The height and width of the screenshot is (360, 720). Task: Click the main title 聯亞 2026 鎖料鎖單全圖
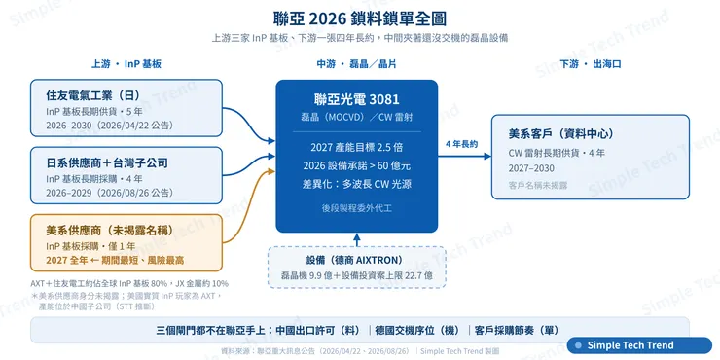[x=360, y=18]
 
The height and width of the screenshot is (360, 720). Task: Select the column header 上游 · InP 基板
[x=126, y=64]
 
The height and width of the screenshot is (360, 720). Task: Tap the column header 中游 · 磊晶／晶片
[x=356, y=64]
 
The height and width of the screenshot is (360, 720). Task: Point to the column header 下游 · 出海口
[x=590, y=64]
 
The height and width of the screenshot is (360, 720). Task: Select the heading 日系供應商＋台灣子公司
[x=107, y=162]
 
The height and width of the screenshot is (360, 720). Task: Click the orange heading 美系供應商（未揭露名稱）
[x=110, y=230]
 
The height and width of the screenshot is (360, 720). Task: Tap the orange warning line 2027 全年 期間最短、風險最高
[x=115, y=260]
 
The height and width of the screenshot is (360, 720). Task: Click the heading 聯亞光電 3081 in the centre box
[x=357, y=99]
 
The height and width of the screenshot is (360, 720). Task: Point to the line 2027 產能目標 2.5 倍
[x=357, y=147]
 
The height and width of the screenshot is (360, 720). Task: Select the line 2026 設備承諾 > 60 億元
[x=357, y=165]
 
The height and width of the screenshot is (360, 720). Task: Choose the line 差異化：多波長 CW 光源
[x=357, y=184]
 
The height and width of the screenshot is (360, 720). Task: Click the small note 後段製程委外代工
[x=357, y=208]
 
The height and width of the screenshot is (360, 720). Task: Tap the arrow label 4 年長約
[x=461, y=144]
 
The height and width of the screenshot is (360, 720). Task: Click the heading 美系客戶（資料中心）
[x=560, y=134]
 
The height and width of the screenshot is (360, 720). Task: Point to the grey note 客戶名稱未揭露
[x=538, y=185]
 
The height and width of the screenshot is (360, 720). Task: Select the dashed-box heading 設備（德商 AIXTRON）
[x=357, y=260]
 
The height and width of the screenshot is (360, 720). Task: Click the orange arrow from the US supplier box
[x=248, y=206]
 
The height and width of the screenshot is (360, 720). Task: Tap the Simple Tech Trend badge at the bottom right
[x=639, y=345]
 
